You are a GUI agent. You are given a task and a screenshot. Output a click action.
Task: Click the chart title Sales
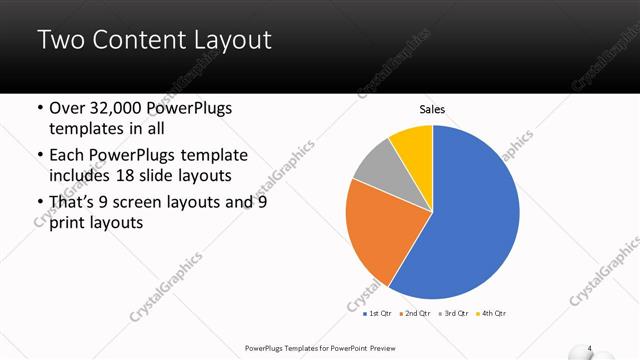[x=432, y=110]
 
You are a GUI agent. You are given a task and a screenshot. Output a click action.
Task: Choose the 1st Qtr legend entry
[x=377, y=314]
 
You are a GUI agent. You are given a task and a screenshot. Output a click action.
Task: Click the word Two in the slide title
[x=61, y=41]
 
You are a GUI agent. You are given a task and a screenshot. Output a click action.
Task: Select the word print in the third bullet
[x=69, y=223]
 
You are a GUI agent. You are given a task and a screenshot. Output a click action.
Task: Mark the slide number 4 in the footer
[x=590, y=348]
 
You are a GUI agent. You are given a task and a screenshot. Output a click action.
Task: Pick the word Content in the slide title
[x=131, y=41]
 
